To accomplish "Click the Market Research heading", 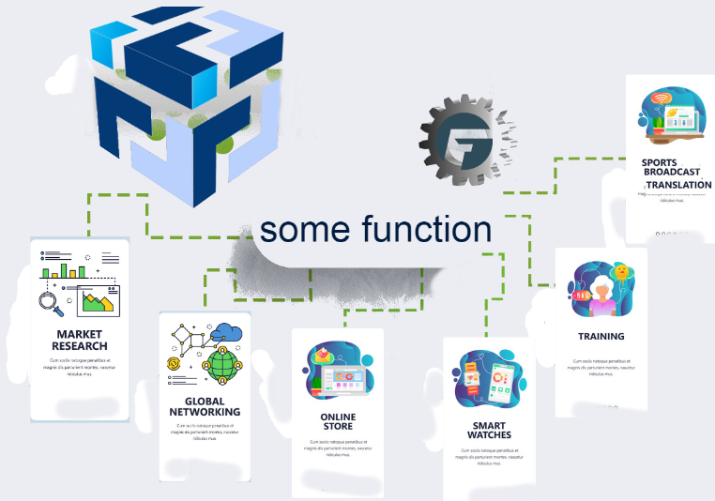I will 79,340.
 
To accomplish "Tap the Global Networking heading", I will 205,405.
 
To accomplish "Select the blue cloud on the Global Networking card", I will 228,331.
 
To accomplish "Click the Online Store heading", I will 338,421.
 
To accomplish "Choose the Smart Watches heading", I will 488,430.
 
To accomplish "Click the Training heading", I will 601,336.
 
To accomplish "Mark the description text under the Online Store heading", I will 338,448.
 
